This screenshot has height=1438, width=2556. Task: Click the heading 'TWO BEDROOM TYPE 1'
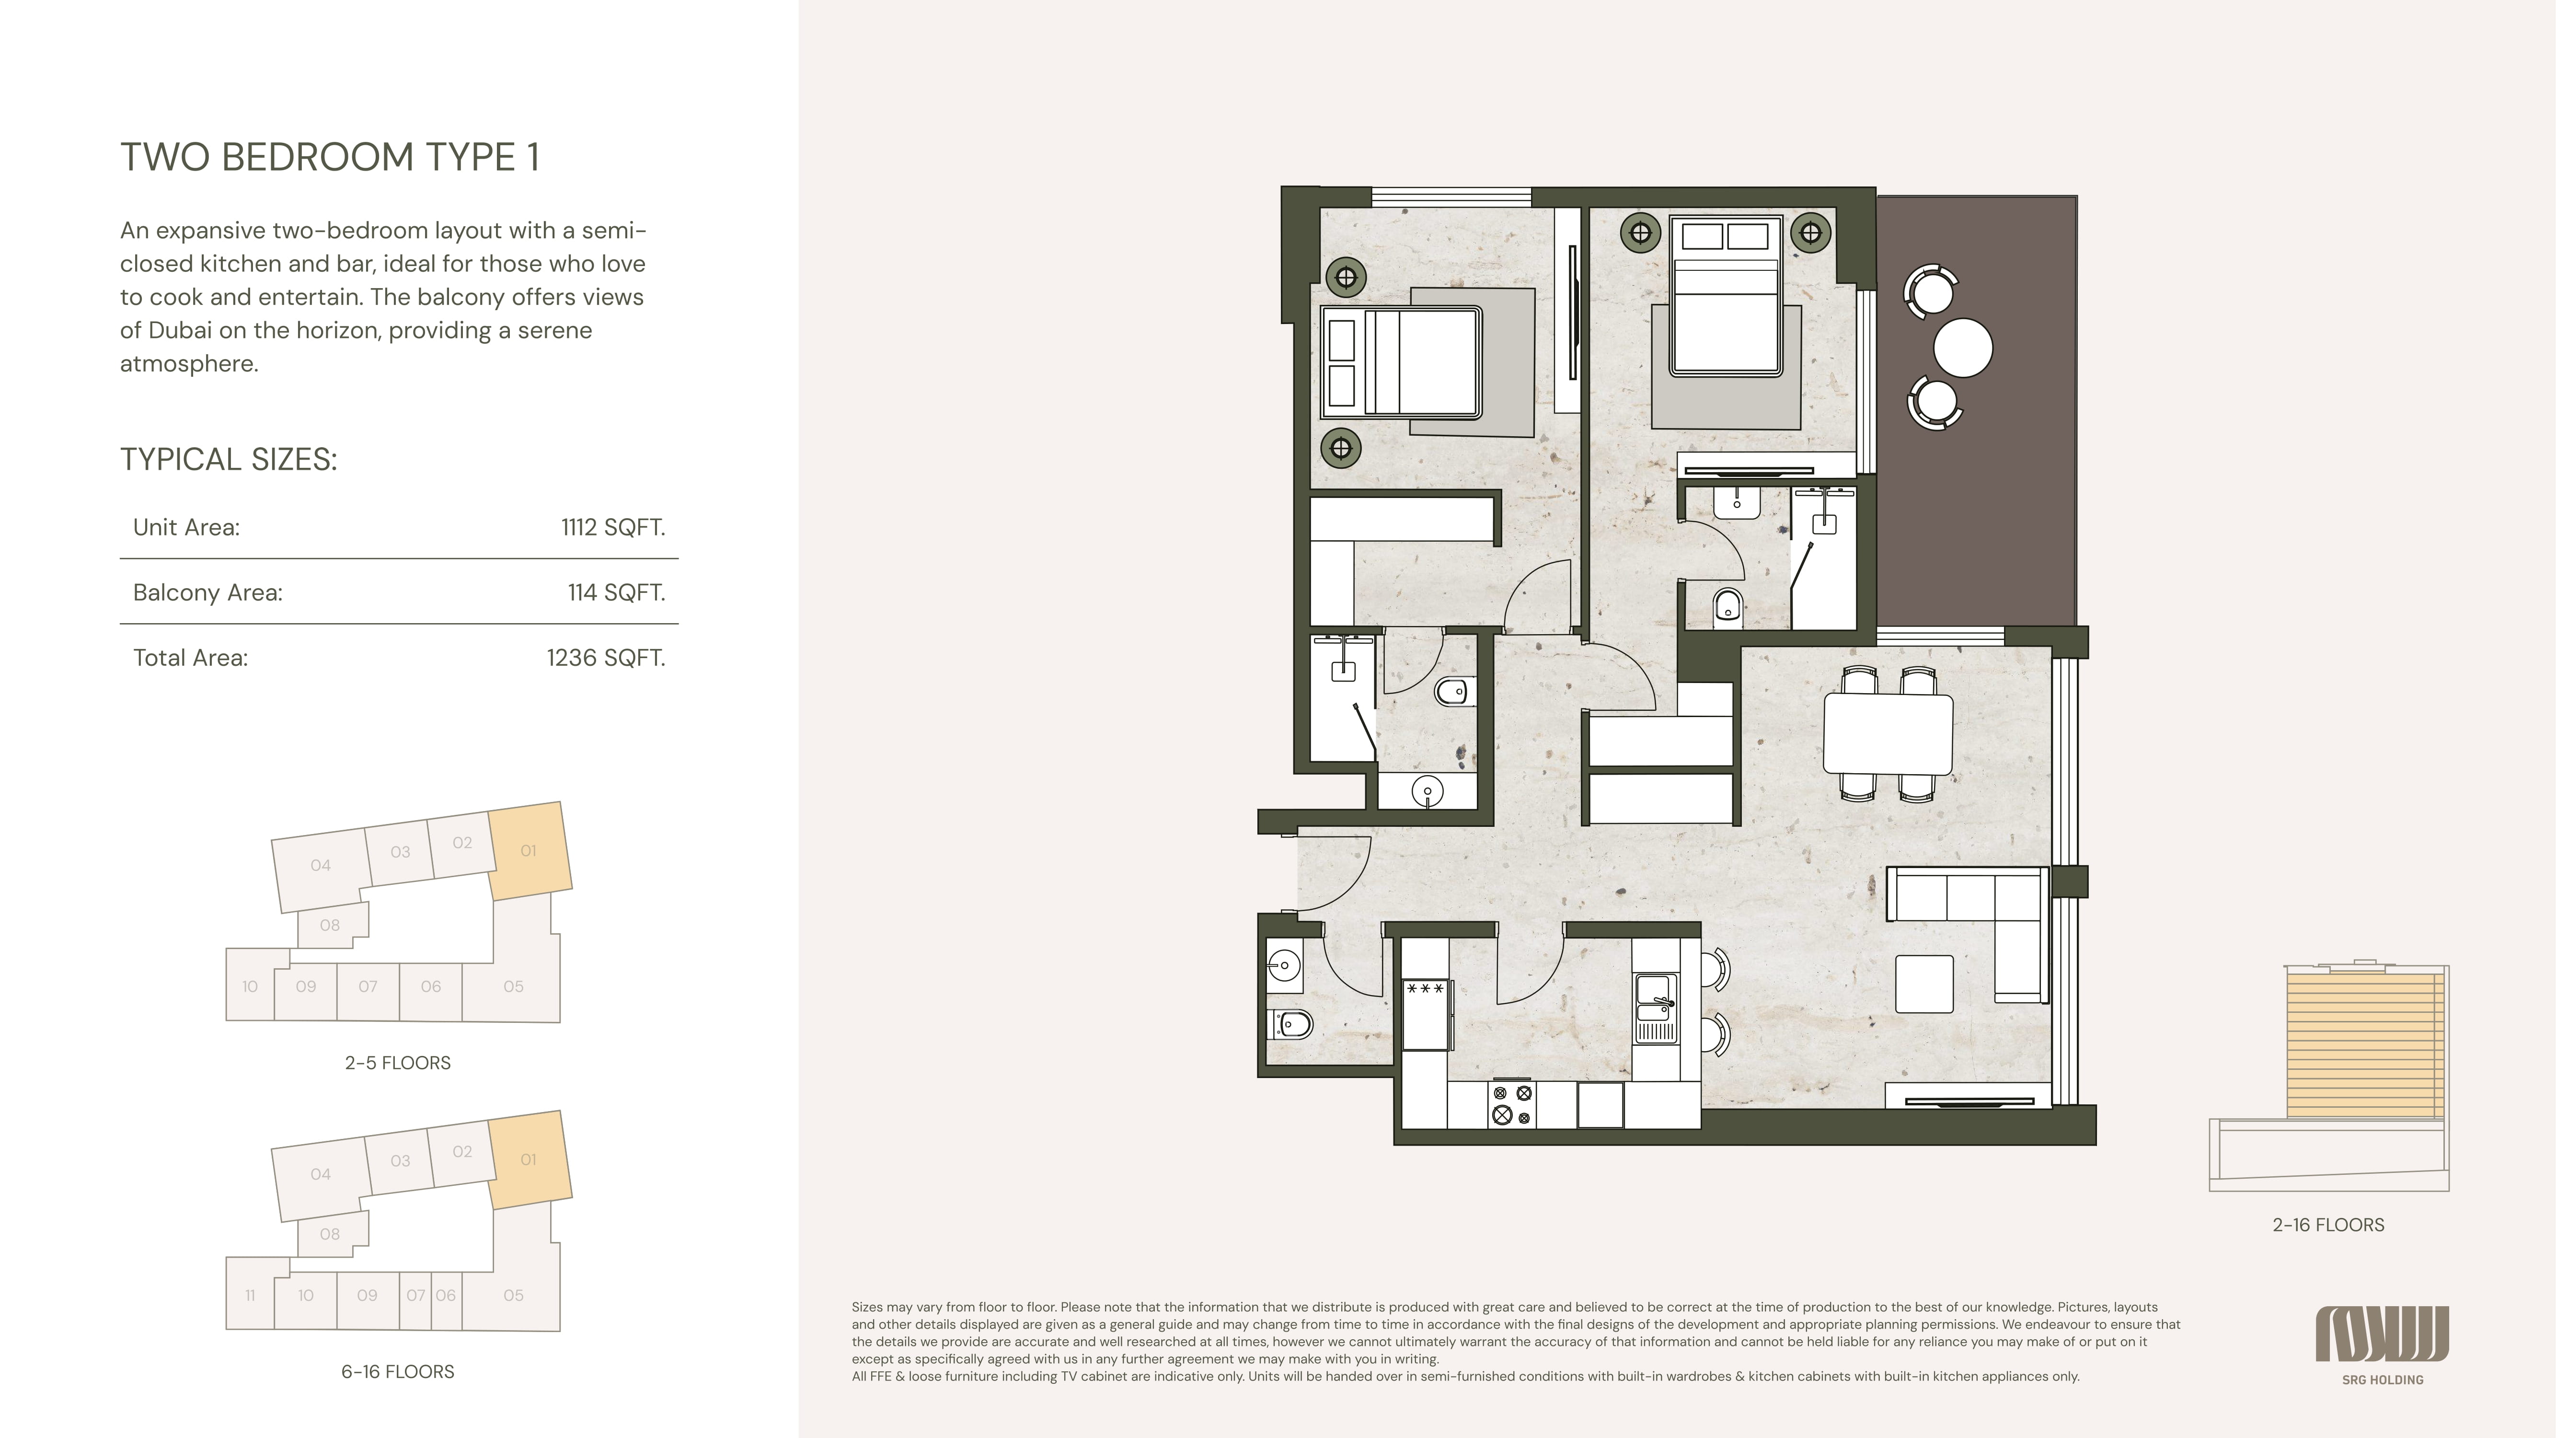point(329,157)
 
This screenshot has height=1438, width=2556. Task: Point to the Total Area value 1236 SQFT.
point(605,658)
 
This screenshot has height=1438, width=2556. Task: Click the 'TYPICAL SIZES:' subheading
point(228,460)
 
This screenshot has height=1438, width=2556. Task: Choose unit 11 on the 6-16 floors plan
point(250,1295)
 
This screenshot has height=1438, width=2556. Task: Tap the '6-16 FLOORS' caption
point(398,1371)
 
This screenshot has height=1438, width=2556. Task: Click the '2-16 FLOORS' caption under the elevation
point(2328,1225)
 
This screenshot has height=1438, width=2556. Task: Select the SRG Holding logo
point(2383,1345)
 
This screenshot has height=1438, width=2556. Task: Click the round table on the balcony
point(1963,348)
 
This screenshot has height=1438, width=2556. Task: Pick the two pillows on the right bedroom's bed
point(1726,236)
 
